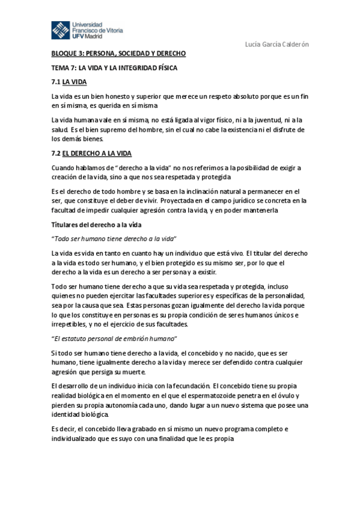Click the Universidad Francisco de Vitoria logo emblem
(x=60, y=29)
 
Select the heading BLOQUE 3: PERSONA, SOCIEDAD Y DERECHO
(x=118, y=53)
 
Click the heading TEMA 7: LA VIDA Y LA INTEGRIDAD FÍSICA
(x=114, y=68)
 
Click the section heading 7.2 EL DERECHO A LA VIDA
(x=91, y=153)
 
